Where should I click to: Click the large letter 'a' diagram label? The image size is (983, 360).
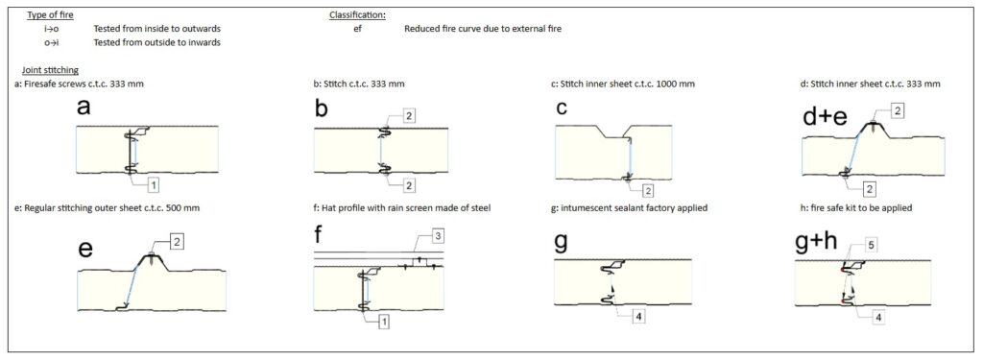[x=84, y=108]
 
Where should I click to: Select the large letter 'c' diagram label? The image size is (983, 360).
[x=562, y=108]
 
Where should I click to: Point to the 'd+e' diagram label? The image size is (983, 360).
[x=827, y=118]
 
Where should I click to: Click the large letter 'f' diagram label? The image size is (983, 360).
[x=319, y=238]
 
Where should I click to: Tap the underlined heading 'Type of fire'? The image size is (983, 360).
[x=46, y=14]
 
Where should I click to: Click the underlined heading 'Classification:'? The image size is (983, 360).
[x=357, y=14]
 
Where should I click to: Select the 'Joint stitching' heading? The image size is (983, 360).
[x=50, y=70]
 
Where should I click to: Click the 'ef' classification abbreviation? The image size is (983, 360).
[x=357, y=28]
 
